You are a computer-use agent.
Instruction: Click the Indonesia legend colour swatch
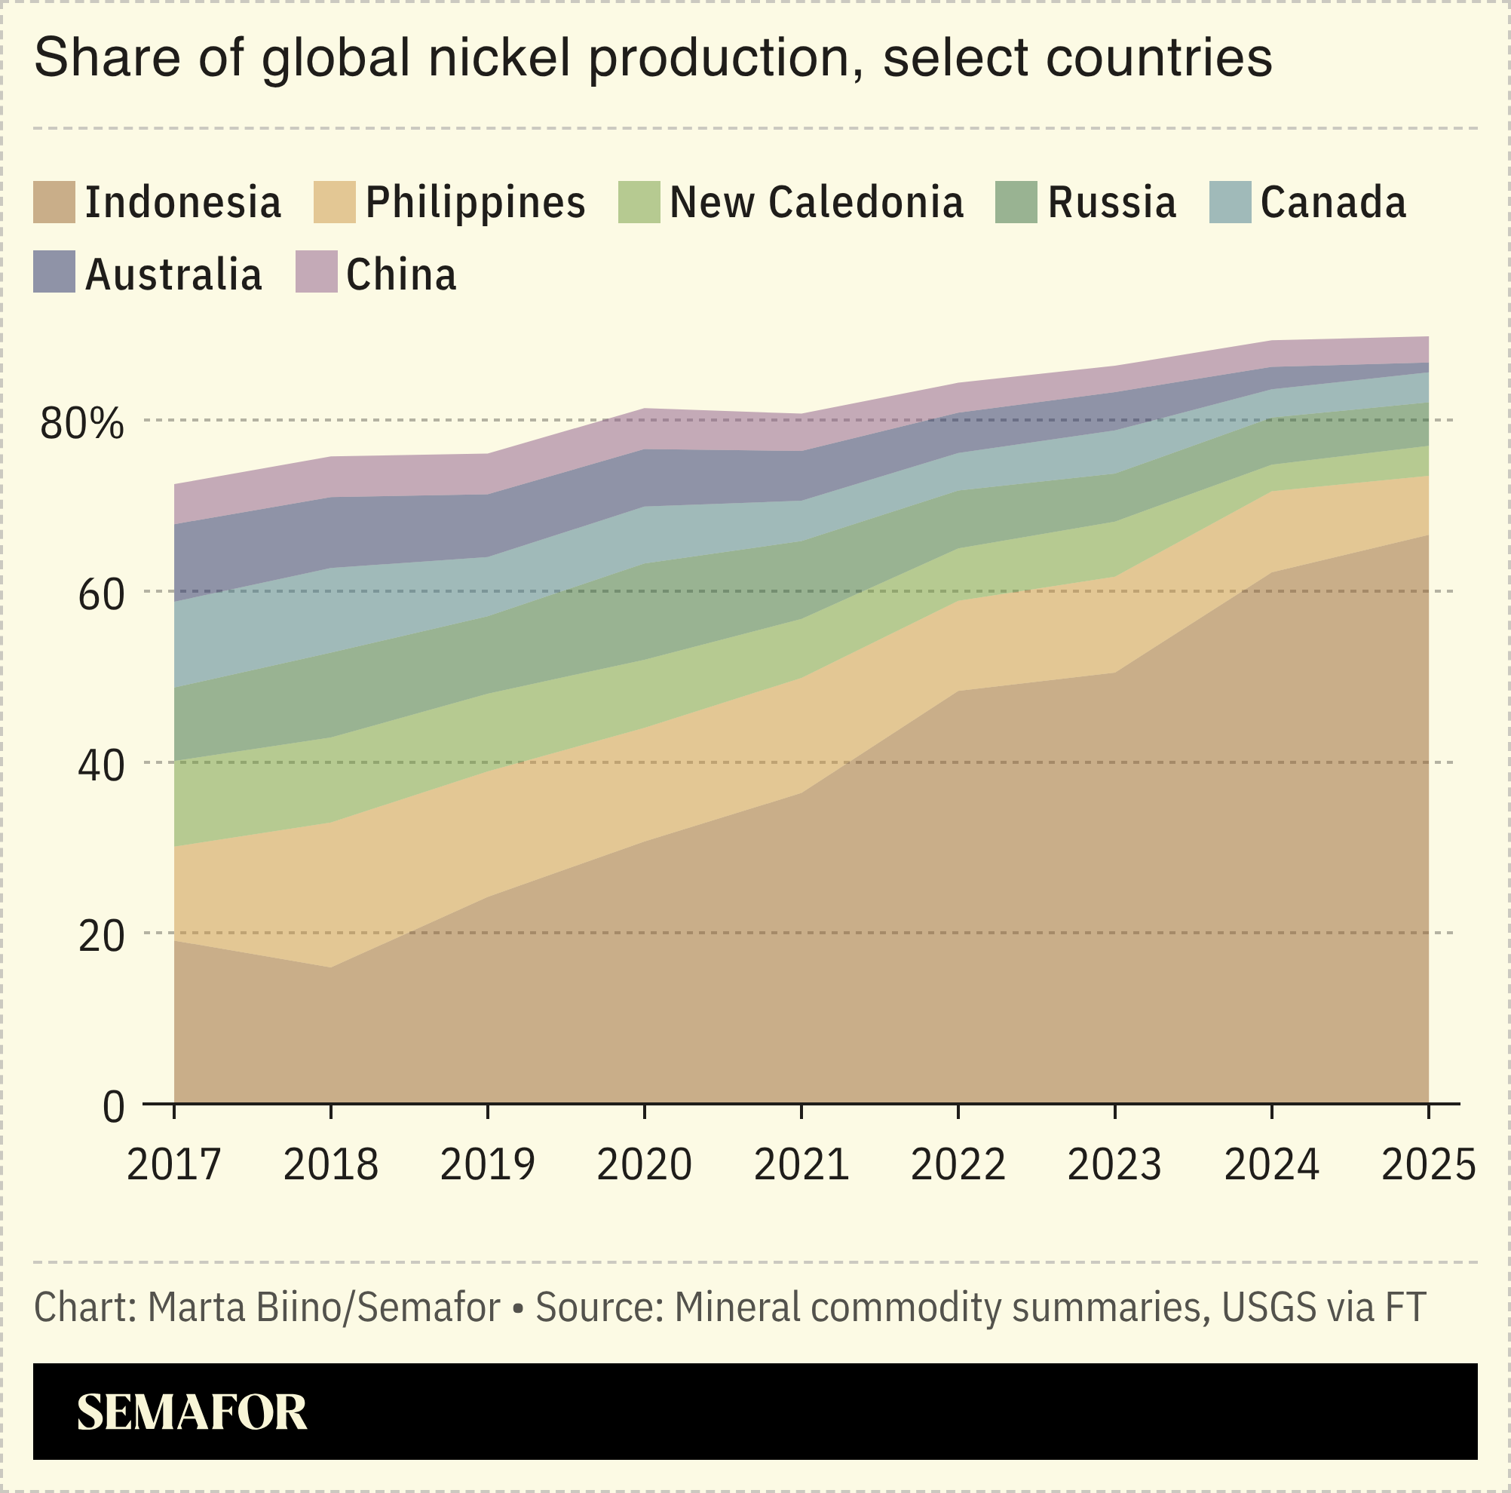[54, 203]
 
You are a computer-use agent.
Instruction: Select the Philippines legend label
[476, 203]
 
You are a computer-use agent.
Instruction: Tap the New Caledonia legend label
[817, 203]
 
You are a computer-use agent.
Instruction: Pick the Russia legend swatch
[1016, 203]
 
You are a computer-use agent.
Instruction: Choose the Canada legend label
[1334, 203]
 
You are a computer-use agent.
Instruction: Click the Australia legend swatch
[54, 271]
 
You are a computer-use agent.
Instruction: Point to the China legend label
[401, 274]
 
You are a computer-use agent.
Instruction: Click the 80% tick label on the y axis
[82, 423]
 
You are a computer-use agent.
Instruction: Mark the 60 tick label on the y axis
[101, 594]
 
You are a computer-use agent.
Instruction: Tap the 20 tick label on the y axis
[101, 937]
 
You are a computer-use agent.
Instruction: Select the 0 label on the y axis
[113, 1108]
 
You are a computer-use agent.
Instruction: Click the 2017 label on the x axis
[173, 1164]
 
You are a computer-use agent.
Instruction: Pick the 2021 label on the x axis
[801, 1164]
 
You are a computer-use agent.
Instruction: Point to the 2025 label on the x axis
[1428, 1164]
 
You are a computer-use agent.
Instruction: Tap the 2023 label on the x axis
[1114, 1164]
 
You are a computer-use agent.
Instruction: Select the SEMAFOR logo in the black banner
[192, 1412]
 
